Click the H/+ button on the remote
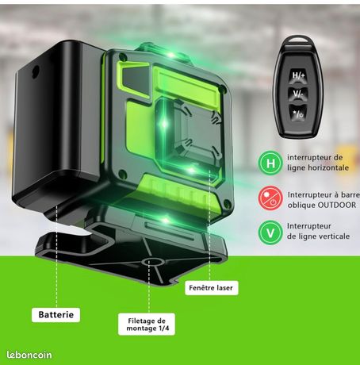coord(298,76)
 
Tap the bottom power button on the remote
coord(298,114)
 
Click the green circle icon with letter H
coord(270,163)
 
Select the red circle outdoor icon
coord(270,198)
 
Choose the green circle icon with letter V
coord(270,232)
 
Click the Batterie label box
coord(56,315)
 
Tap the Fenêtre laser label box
coord(211,288)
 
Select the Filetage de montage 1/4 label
coord(147,325)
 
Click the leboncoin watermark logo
coord(29,355)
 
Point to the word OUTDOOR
coord(337,205)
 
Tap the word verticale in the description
coord(335,236)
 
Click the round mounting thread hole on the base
coord(152,262)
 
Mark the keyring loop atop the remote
coord(297,39)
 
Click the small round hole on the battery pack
coord(36,71)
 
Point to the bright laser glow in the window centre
coord(164,124)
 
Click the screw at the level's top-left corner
coord(123,56)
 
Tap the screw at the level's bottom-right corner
coord(227,204)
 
